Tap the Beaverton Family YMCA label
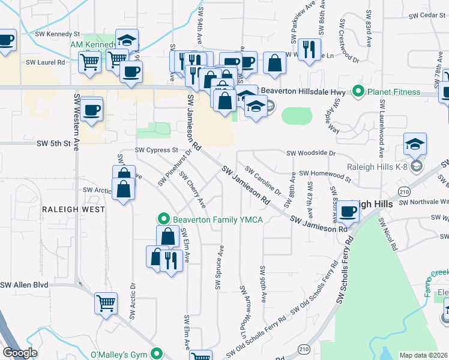click(x=218, y=220)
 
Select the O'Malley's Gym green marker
click(x=157, y=353)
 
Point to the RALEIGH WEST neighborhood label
click(x=73, y=209)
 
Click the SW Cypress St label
click(x=157, y=150)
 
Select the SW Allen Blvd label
click(x=24, y=285)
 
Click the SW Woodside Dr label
click(x=311, y=154)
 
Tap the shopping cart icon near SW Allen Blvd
click(x=106, y=302)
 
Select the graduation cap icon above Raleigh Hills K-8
click(x=415, y=143)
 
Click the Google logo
click(x=20, y=353)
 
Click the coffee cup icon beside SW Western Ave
click(x=91, y=110)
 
